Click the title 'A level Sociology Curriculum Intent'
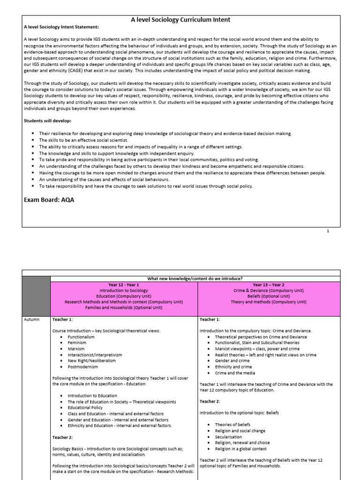pyautogui.click(x=180, y=20)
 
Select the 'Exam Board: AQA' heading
pyautogui.click(x=49, y=200)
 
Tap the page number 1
pyautogui.click(x=328, y=231)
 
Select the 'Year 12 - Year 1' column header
pyautogui.click(x=124, y=285)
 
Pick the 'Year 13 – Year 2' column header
pyautogui.click(x=269, y=285)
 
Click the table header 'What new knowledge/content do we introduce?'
pyautogui.click(x=195, y=278)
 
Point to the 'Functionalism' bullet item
pyautogui.click(x=81, y=337)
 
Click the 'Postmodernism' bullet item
pyautogui.click(x=82, y=367)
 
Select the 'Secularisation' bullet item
pyautogui.click(x=228, y=437)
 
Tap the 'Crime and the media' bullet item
pyautogui.click(x=236, y=373)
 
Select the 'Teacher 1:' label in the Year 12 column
pyautogui.click(x=62, y=319)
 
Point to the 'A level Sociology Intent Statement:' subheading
pyautogui.click(x=61, y=27)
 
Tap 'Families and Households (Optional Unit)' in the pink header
pyautogui.click(x=124, y=308)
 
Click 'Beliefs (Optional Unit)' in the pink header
pyautogui.click(x=269, y=296)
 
